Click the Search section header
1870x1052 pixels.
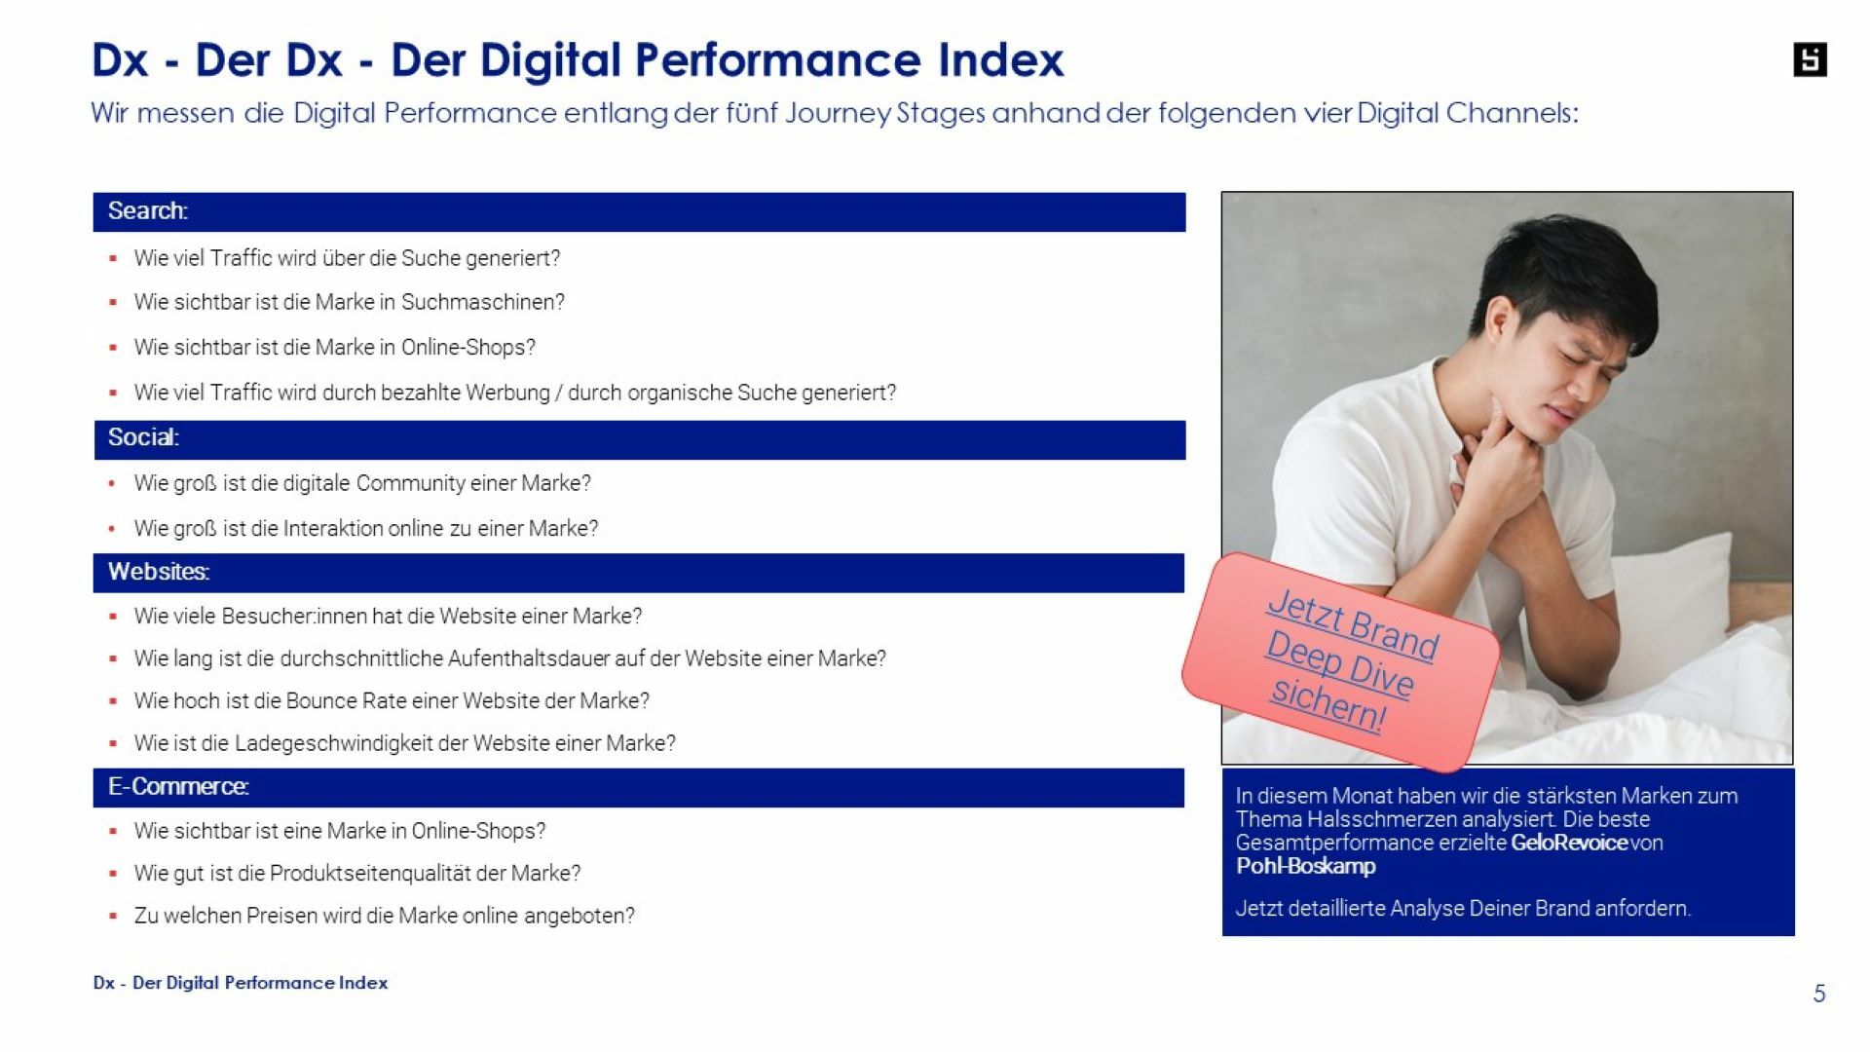pos(639,211)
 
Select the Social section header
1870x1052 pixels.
pos(639,439)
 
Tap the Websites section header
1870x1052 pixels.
pos(639,573)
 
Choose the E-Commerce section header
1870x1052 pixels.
pos(639,787)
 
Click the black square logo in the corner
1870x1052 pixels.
pos(1810,60)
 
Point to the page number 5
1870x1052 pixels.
pos(1818,994)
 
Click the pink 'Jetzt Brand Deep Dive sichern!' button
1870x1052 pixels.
pos(1341,661)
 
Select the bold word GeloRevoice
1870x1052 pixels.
pos(1568,843)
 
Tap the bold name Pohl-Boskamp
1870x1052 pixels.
pos(1305,866)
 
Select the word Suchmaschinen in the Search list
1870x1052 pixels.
pos(482,302)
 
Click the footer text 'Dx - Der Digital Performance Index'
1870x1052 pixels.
pos(241,983)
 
